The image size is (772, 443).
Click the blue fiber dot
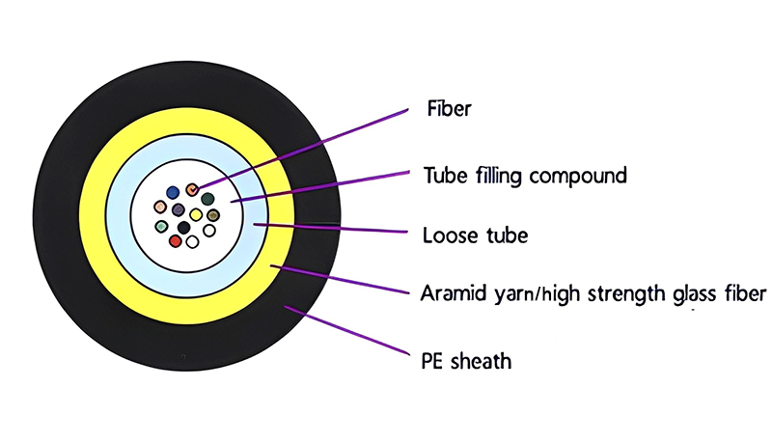point(173,192)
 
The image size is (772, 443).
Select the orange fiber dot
point(191,189)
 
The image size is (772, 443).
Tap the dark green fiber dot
point(207,198)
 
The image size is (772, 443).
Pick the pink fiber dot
point(160,207)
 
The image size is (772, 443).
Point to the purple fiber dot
point(179,209)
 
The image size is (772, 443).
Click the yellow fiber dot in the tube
point(196,214)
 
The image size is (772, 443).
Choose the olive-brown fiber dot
point(213,215)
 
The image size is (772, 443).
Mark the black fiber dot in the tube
point(183,227)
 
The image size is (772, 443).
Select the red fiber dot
point(175,240)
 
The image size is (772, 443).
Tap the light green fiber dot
point(161,226)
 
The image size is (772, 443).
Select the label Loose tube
point(475,235)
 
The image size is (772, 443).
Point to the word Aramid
point(454,292)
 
